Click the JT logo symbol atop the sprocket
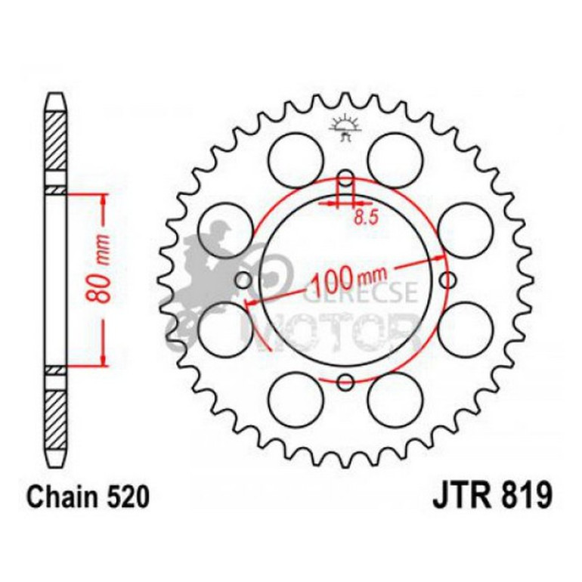point(345,128)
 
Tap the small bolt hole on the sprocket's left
point(243,281)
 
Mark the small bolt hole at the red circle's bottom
point(345,382)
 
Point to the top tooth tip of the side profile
point(56,97)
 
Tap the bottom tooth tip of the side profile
point(56,463)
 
